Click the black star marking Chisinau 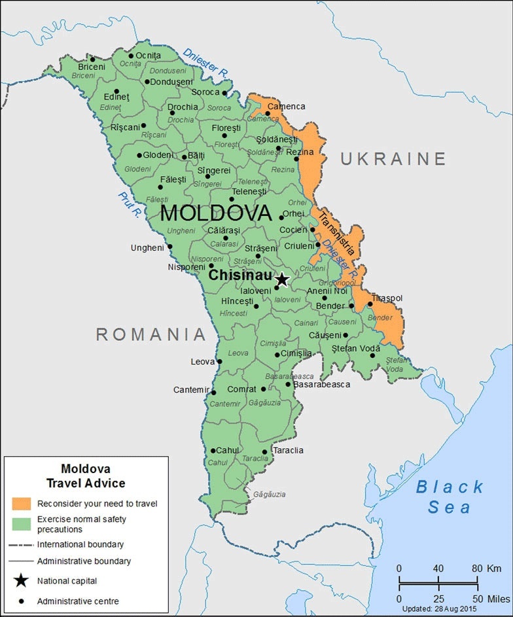282,280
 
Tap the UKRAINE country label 393,158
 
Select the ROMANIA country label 151,334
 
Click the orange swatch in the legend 21,503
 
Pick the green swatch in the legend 21,523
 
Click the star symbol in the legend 22,580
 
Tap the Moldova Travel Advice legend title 86,476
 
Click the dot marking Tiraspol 370,304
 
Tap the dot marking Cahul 213,450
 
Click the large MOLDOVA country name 215,213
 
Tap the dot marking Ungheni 169,247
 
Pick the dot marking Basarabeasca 288,384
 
